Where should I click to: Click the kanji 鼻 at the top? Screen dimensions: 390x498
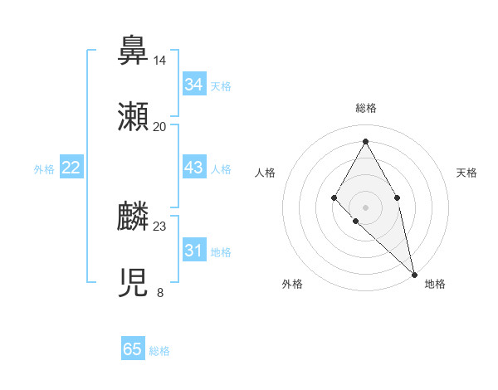134,51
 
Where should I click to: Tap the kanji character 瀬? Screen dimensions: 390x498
134,117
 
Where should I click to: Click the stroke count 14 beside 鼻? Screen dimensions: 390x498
159,61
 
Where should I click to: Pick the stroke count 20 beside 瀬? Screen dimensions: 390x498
159,127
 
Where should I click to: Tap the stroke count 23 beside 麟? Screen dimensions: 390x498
159,227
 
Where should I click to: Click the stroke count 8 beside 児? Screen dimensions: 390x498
159,292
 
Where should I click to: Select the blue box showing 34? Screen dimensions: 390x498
193,85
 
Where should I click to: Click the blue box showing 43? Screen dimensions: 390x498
193,168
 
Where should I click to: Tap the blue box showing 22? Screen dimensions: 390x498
71,168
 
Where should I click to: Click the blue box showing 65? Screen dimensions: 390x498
133,349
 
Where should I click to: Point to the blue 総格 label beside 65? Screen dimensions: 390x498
159,351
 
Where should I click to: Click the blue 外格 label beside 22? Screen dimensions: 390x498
44,169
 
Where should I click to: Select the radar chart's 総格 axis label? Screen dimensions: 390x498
365,108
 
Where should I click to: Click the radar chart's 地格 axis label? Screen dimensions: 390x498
435,284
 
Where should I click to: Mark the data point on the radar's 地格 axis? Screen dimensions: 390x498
414,274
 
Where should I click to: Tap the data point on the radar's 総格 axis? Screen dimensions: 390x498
365,141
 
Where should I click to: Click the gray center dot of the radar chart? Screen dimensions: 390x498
365,206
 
